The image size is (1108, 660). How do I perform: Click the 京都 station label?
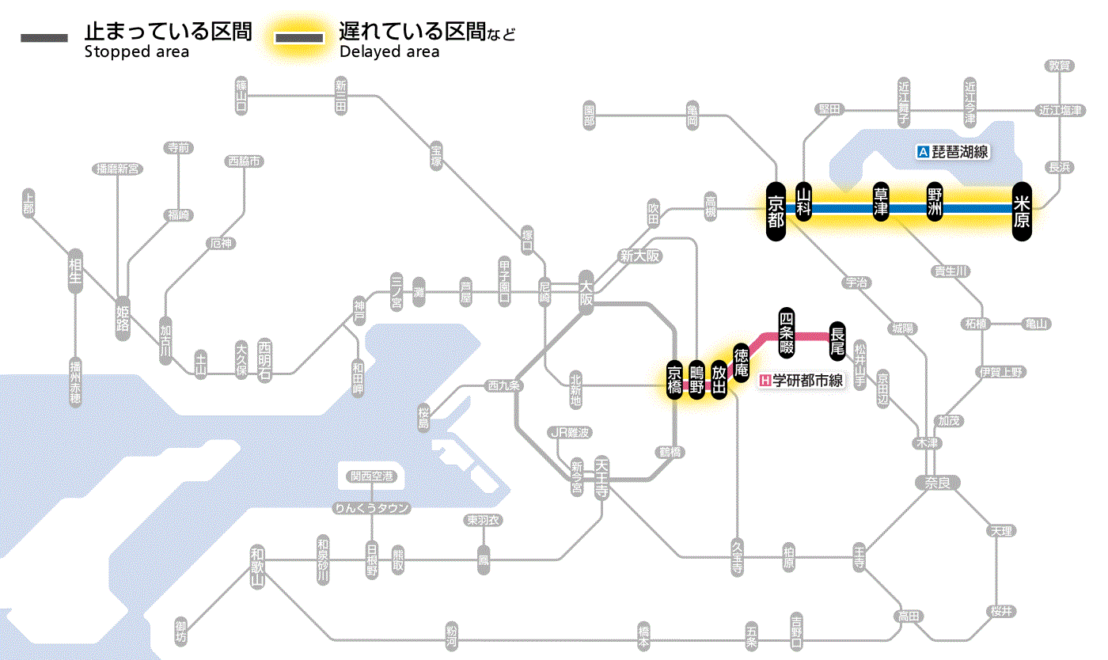click(x=776, y=210)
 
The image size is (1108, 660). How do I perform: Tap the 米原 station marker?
click(x=1022, y=210)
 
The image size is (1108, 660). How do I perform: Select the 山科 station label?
click(x=804, y=203)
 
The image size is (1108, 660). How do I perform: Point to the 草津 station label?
click(x=880, y=203)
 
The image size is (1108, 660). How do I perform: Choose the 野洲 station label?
click(x=935, y=203)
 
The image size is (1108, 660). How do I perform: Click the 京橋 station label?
click(x=674, y=381)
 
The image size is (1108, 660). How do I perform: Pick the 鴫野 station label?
click(x=696, y=381)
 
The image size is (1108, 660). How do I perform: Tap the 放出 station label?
click(x=719, y=381)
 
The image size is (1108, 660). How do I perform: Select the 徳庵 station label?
click(x=741, y=363)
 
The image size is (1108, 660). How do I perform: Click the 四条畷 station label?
click(x=786, y=331)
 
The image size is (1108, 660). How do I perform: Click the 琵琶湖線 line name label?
click(x=953, y=152)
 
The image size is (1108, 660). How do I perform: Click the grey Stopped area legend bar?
click(x=44, y=38)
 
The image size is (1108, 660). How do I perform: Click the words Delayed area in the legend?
click(x=389, y=52)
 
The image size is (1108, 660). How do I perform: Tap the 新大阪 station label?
click(x=639, y=256)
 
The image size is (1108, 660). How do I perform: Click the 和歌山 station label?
click(x=256, y=567)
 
